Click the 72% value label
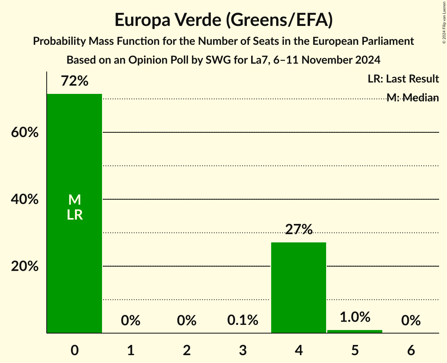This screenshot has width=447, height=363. coord(75,81)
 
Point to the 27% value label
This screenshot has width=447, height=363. coord(299,230)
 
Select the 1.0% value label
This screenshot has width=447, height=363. coord(355,317)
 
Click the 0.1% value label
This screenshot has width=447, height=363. coord(243,321)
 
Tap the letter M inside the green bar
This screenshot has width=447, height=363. coord(75,200)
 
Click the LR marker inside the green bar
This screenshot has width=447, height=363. coord(75,215)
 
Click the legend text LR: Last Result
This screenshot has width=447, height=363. coord(403,79)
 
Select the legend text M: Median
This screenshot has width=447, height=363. coord(412,98)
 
